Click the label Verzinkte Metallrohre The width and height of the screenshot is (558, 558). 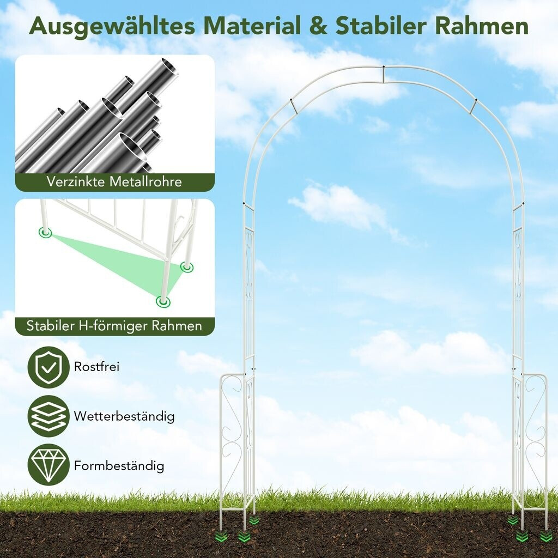coord(114,181)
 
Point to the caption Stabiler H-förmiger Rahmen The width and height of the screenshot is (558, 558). coord(114,326)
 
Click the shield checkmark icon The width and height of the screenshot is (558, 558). coord(48,367)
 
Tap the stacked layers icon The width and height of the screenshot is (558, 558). coord(48,416)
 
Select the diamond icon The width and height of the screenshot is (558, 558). coord(48,465)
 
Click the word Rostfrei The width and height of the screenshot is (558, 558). coord(96,366)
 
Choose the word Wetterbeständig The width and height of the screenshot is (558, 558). coord(124,416)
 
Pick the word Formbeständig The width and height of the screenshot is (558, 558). coord(119,466)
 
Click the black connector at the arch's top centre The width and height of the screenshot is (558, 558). coord(384,68)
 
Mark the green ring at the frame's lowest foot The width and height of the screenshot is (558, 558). coord(162,301)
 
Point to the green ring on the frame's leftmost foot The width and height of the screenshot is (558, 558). coord(45,233)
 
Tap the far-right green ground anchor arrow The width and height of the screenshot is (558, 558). coord(545,537)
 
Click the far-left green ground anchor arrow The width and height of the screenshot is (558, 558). coord(222,537)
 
